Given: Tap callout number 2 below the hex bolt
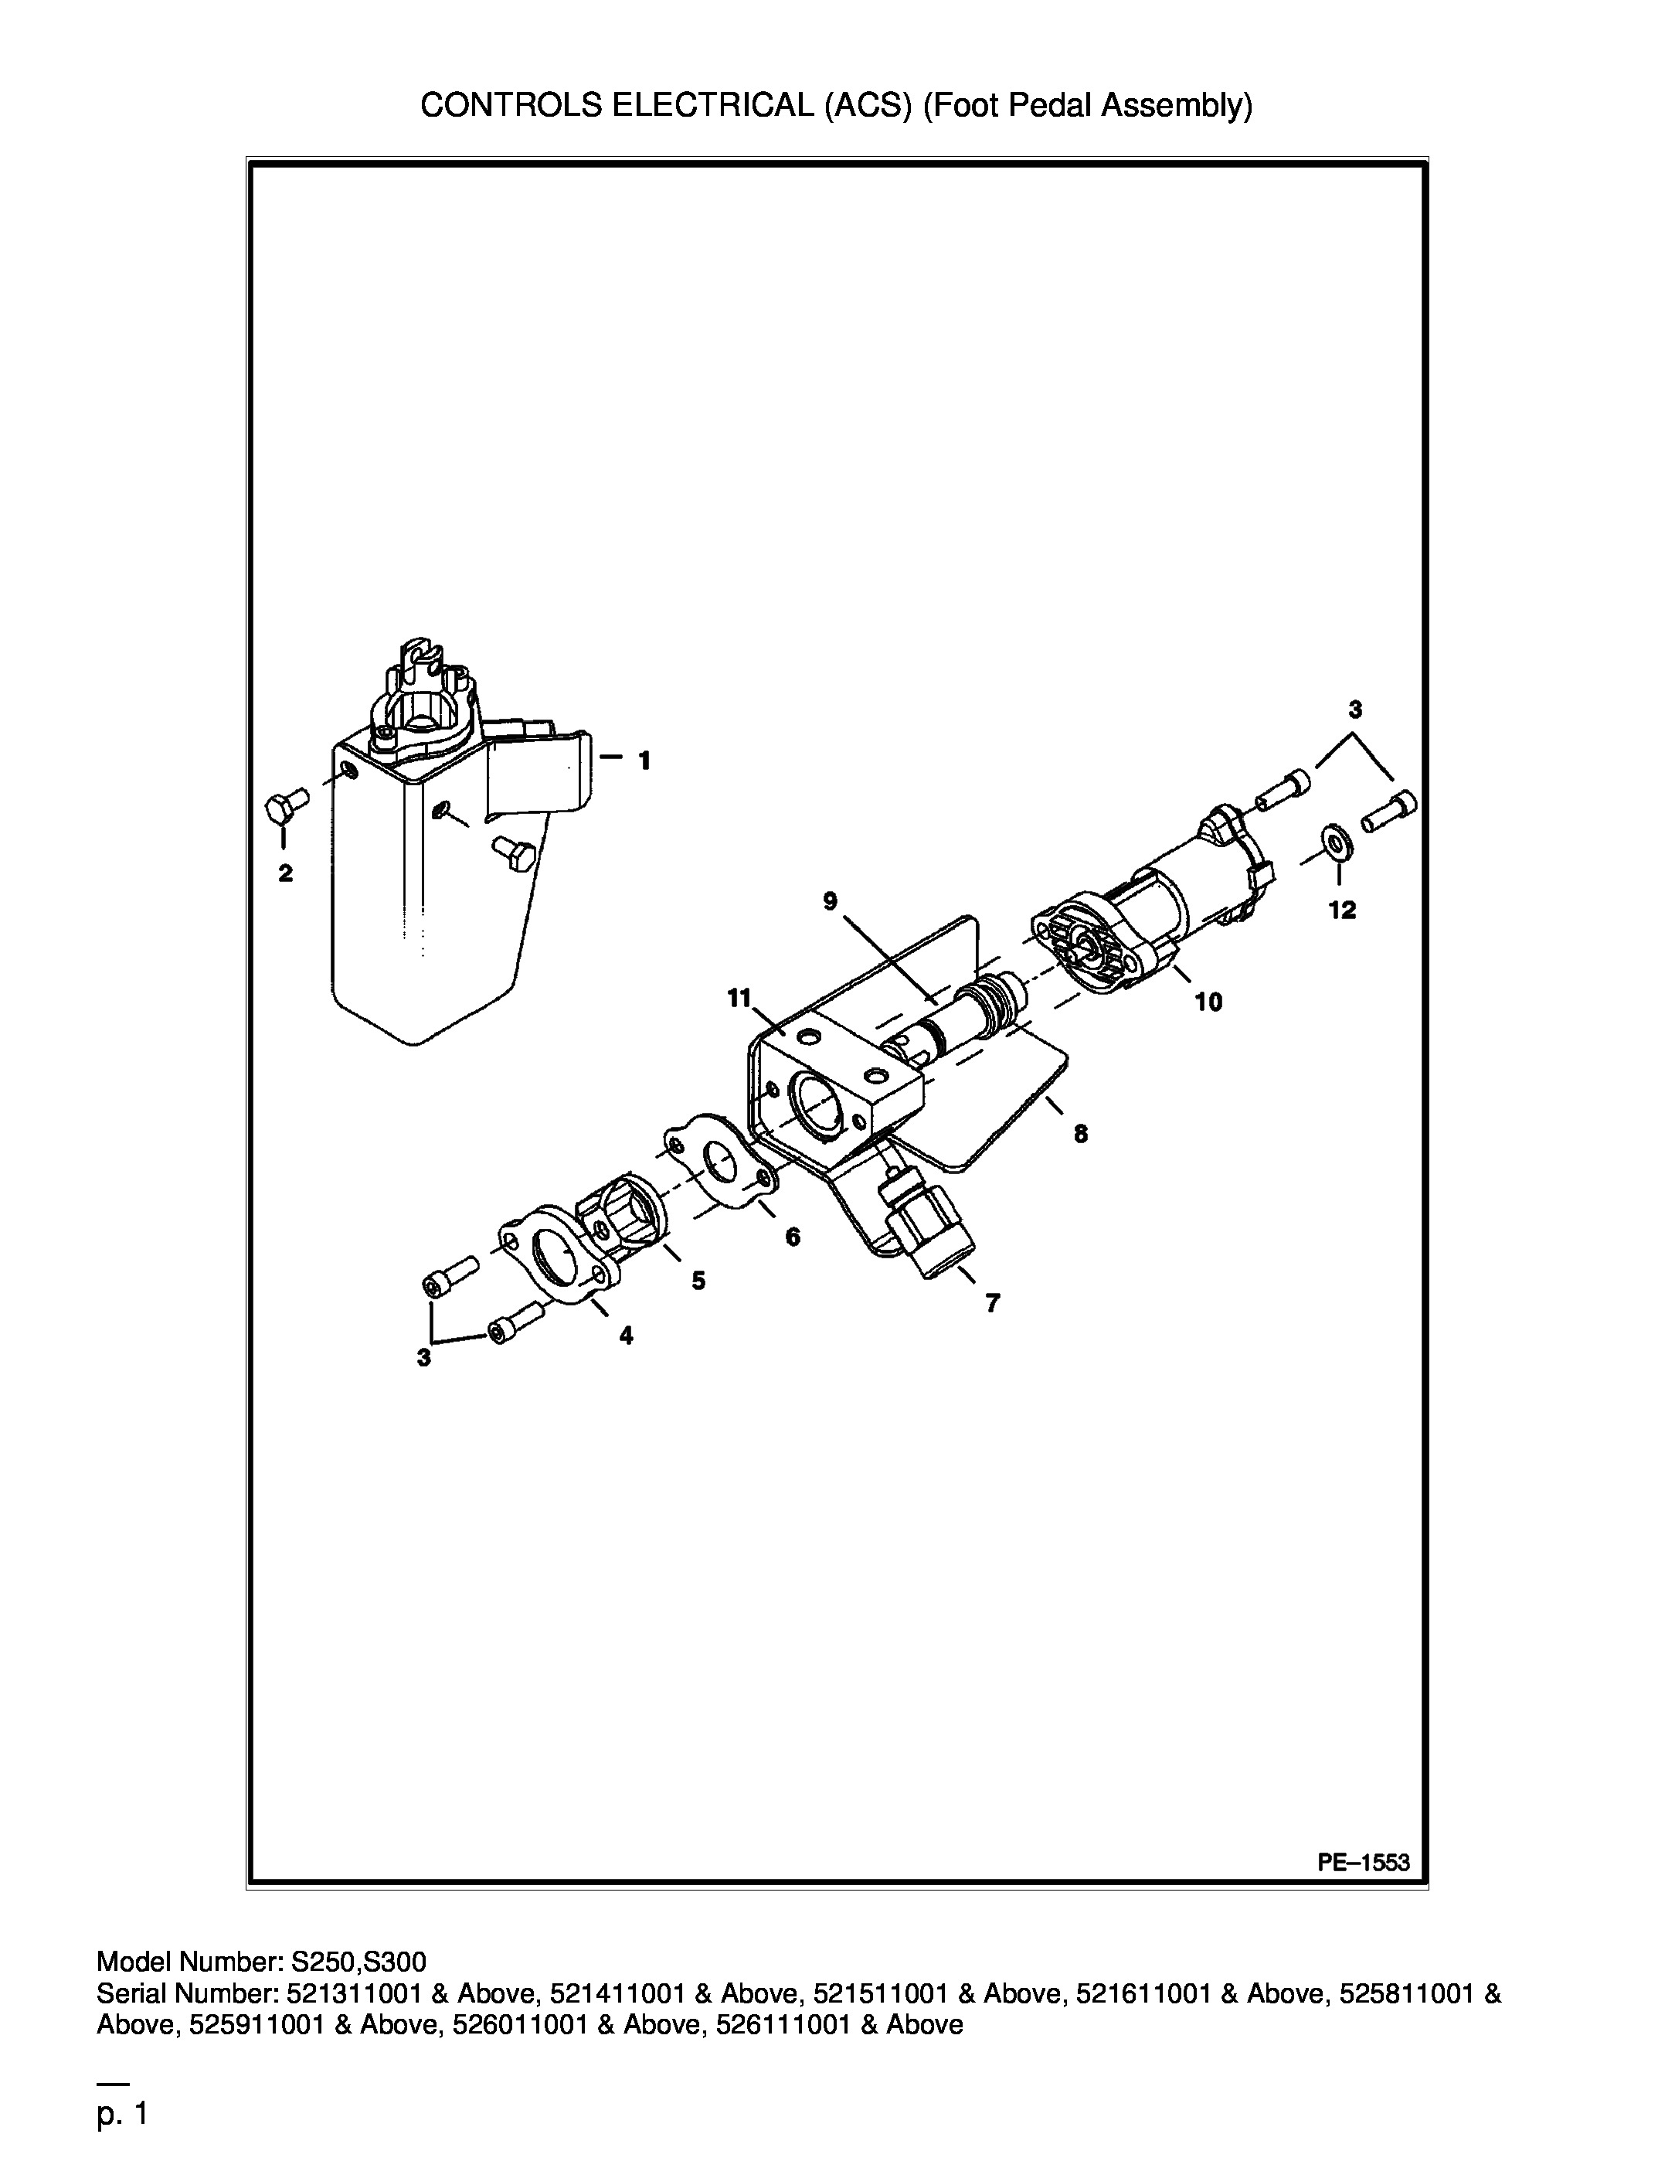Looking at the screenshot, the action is coord(285,873).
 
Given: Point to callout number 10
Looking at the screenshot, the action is coord(1208,1002).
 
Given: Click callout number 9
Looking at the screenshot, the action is coord(830,900).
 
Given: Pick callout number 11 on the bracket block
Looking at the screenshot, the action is coord(739,998).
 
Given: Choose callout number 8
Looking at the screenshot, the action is coord(1081,1134).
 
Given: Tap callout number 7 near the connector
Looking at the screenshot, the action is coord(992,1303).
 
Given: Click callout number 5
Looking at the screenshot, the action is coord(698,1281).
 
